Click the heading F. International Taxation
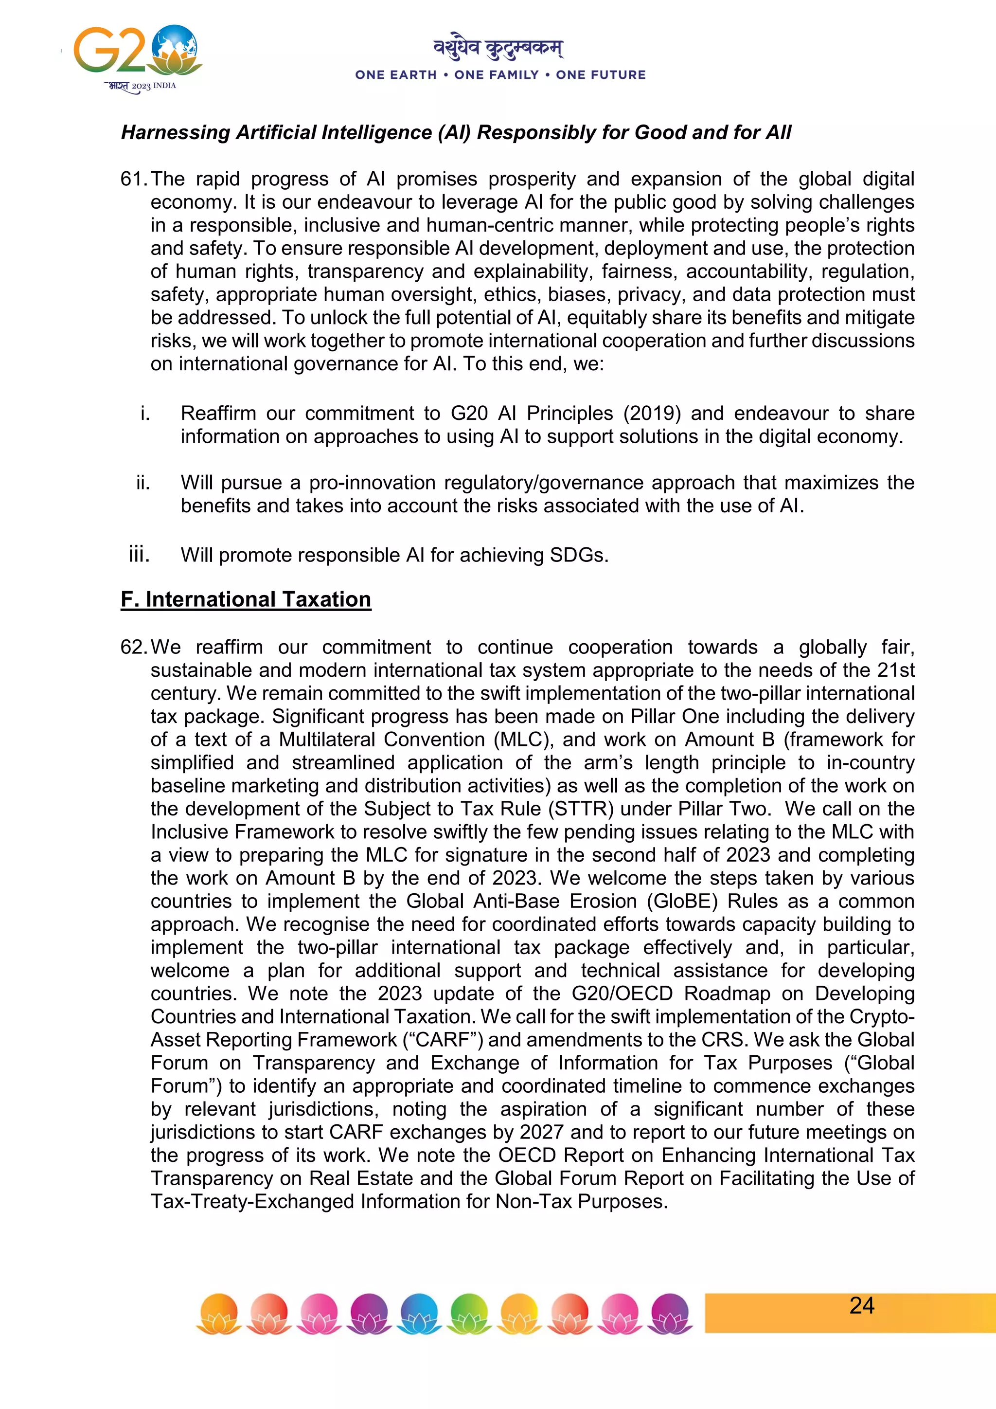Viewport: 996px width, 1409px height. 246,599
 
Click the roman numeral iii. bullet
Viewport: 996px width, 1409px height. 139,554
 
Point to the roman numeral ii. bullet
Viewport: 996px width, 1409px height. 143,483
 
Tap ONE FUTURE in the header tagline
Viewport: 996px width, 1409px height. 601,75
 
